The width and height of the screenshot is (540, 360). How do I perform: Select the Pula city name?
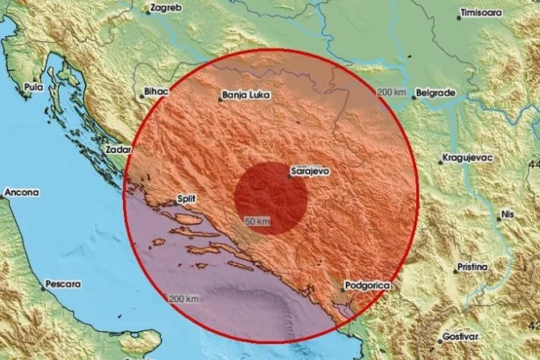[33, 88]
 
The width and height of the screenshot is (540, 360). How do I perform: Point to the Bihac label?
[154, 91]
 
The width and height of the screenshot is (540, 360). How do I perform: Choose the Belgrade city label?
[436, 91]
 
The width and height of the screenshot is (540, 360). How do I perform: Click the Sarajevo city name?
[310, 171]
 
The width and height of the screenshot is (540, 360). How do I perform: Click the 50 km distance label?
[258, 220]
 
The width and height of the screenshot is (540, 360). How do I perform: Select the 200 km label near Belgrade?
[392, 93]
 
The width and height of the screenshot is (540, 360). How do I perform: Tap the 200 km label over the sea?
[185, 300]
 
